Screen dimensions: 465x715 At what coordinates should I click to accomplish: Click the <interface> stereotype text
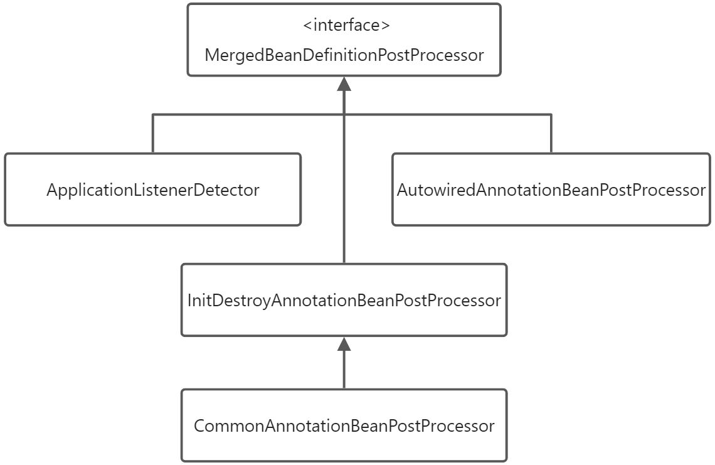tap(346, 26)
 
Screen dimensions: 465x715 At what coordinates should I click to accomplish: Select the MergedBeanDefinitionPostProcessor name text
tap(344, 55)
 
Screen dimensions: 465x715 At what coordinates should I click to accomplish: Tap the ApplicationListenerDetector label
tap(152, 190)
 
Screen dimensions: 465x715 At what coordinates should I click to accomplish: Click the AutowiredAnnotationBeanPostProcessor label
tap(551, 190)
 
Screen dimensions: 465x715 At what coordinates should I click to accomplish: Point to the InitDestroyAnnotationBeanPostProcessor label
tap(344, 301)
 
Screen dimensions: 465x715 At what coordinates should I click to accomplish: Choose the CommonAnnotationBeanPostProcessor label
tap(344, 426)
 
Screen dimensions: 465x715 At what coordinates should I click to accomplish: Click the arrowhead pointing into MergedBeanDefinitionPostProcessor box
tap(344, 84)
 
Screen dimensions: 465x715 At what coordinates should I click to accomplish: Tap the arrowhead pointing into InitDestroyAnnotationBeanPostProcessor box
tap(344, 343)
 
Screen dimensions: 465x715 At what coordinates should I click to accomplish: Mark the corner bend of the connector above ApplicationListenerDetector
tap(152, 115)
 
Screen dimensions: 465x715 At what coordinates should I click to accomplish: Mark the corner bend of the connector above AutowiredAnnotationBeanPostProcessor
tap(551, 115)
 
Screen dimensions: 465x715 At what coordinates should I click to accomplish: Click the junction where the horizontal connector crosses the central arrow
tap(344, 115)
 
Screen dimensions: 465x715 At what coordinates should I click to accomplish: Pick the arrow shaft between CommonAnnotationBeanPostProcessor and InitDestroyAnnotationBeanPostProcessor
tap(344, 370)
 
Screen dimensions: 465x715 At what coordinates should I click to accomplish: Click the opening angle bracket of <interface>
tap(307, 26)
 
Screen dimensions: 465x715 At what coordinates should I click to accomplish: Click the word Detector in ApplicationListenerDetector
tap(228, 190)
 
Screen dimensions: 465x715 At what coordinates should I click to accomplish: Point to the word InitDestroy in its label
tap(228, 301)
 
